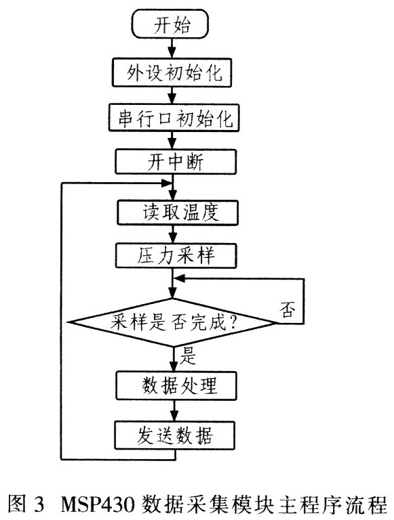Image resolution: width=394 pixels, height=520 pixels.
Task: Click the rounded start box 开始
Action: pos(170,24)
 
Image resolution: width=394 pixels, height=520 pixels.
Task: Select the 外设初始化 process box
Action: pos(172,72)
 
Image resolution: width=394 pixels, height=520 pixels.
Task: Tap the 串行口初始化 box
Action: pos(174,118)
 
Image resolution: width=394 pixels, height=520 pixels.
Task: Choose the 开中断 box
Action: pos(176,162)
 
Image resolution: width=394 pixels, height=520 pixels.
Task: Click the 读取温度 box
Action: pos(178,213)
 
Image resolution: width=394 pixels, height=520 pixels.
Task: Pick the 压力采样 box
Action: pos(176,256)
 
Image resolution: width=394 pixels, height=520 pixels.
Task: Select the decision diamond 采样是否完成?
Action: pos(172,322)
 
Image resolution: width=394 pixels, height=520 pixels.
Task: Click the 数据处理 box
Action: pos(176,385)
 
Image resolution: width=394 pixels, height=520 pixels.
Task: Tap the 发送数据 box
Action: pos(175,435)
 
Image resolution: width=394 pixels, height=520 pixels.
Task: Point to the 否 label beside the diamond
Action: pos(287,309)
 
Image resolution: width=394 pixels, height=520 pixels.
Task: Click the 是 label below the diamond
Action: pos(188,356)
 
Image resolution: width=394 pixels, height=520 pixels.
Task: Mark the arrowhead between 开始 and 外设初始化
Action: pos(172,53)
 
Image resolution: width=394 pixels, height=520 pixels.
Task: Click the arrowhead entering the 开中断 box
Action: pos(172,144)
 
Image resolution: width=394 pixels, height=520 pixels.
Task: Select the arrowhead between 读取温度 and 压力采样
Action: pos(173,238)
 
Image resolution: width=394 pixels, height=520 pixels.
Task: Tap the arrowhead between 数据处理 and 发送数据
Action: pos(174,416)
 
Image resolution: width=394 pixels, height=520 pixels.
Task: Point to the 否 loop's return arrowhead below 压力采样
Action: pos(180,278)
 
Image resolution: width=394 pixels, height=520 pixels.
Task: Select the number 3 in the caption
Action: pos(39,505)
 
